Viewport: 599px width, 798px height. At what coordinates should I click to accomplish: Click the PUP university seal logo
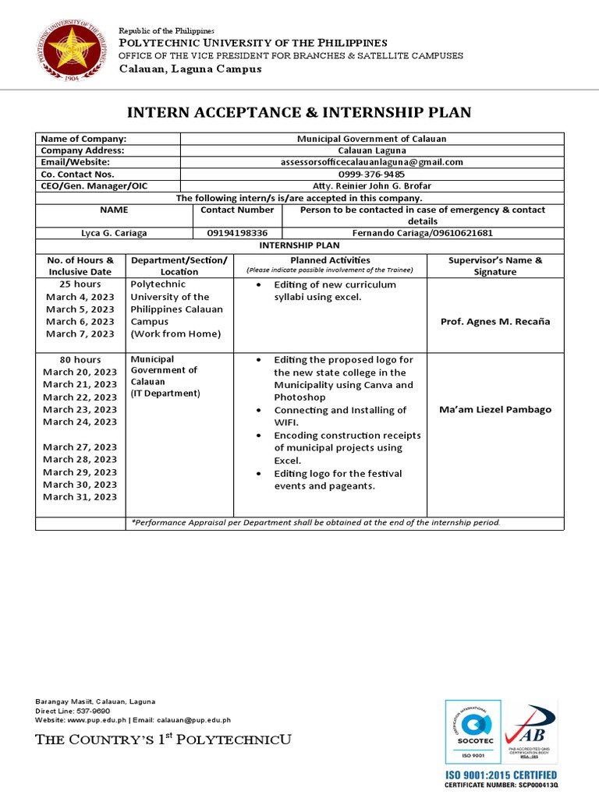coord(70,51)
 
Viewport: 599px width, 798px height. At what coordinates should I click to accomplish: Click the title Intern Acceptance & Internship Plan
coord(299,112)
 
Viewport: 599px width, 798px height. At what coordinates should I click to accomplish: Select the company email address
coord(372,162)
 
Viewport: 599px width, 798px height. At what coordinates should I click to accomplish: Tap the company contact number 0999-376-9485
coord(372,174)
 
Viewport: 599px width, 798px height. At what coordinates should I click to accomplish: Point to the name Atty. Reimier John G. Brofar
coord(372,186)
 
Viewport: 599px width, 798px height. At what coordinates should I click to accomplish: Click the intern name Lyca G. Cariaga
coord(114,233)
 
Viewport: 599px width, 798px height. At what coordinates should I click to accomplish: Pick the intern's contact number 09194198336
coord(237,233)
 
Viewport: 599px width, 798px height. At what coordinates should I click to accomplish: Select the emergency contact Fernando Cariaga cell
coord(423,233)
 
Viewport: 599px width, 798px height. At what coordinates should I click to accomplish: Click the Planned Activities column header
coord(330,260)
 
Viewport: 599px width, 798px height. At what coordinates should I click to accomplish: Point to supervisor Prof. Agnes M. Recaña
coord(495,322)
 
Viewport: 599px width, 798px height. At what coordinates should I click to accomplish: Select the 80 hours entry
coord(80,359)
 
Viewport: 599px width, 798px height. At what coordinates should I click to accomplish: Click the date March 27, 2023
coord(80,447)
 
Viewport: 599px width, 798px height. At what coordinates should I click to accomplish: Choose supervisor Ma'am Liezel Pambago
coord(495,410)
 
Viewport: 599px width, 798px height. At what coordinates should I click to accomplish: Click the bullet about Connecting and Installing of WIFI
coord(339,416)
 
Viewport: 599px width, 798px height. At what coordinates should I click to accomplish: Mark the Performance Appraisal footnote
coord(316,523)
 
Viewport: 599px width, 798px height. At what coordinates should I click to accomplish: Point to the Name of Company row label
coord(83,139)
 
